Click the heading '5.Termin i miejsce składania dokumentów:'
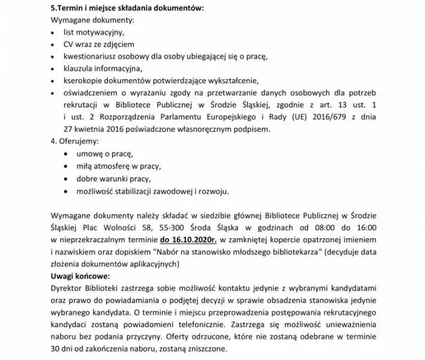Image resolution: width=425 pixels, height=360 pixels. tap(128, 8)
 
